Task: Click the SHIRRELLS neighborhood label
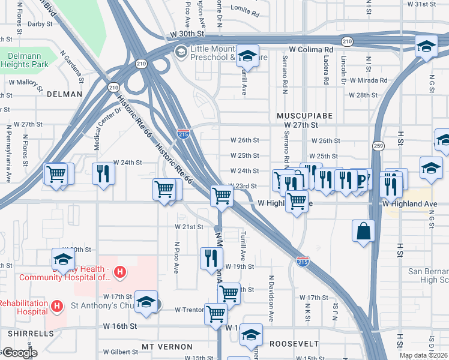pyautogui.click(x=24, y=332)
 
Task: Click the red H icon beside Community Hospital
pyautogui.click(x=120, y=272)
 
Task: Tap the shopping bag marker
pyautogui.click(x=364, y=232)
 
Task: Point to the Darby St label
pyautogui.click(x=40, y=24)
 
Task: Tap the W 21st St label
pyautogui.click(x=190, y=227)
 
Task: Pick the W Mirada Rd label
pyautogui.click(x=367, y=80)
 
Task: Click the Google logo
pyautogui.click(x=19, y=353)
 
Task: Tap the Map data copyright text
pyautogui.click(x=423, y=355)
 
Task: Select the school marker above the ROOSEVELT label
pyautogui.click(x=251, y=335)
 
